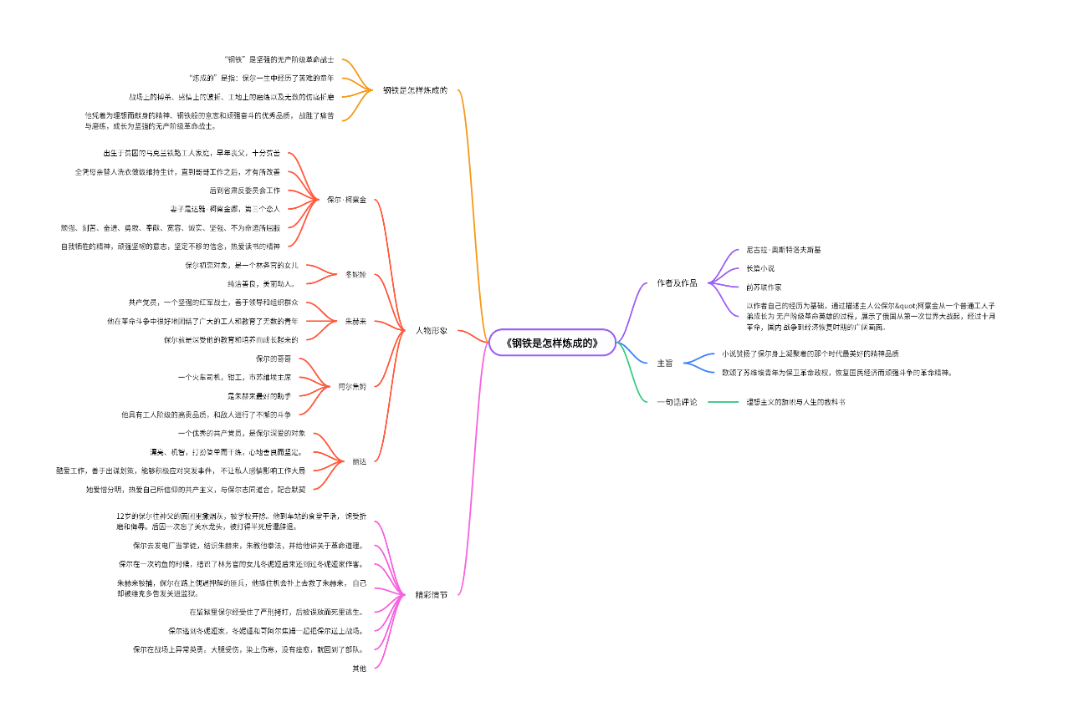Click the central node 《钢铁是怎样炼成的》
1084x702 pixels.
(x=553, y=343)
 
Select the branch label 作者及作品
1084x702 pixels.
(x=677, y=283)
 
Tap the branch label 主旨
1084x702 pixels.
(x=665, y=364)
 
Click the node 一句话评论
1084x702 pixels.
(x=677, y=402)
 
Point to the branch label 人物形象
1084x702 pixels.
(x=432, y=331)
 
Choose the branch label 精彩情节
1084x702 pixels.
(x=432, y=595)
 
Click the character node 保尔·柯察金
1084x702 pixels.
(x=346, y=200)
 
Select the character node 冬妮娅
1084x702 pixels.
(x=355, y=275)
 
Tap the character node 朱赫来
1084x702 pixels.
(x=355, y=321)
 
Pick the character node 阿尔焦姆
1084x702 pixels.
(x=352, y=387)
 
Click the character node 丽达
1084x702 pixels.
(x=359, y=461)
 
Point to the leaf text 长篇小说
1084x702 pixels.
(x=760, y=268)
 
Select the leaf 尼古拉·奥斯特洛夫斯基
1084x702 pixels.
(x=784, y=250)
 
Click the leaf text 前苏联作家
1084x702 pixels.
(x=764, y=287)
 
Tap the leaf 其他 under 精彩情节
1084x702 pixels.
(x=359, y=668)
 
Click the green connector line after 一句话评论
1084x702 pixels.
(x=724, y=402)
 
